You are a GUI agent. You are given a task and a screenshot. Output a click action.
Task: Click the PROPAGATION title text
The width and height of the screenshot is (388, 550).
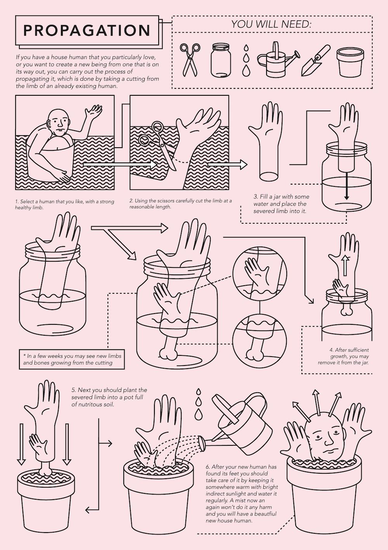(x=87, y=30)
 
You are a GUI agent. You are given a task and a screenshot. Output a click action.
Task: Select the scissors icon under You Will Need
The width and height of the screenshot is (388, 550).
(x=189, y=60)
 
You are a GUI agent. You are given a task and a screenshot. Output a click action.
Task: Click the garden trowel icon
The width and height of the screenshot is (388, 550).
(x=316, y=60)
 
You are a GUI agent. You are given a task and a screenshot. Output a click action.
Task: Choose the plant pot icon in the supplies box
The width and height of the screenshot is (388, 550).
(x=350, y=61)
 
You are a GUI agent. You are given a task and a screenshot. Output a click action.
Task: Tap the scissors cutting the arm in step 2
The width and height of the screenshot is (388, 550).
(x=157, y=145)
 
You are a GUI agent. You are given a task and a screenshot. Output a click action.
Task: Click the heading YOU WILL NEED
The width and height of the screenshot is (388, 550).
(x=271, y=24)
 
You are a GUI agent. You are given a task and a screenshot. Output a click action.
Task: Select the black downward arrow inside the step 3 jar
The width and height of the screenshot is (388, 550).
(x=346, y=186)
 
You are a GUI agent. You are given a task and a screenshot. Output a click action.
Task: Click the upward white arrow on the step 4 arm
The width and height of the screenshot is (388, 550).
(x=346, y=266)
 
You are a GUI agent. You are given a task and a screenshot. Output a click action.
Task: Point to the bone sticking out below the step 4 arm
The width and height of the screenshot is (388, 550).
(x=346, y=309)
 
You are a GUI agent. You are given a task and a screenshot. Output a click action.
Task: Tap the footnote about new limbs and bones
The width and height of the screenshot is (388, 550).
(x=72, y=359)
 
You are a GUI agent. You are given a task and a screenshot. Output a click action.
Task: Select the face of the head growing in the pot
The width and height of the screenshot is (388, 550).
(x=325, y=440)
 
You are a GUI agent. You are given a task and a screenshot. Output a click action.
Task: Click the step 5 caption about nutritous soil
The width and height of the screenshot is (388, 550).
(x=109, y=397)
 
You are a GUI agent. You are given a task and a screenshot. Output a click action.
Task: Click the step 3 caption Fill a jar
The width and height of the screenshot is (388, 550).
(x=281, y=204)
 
